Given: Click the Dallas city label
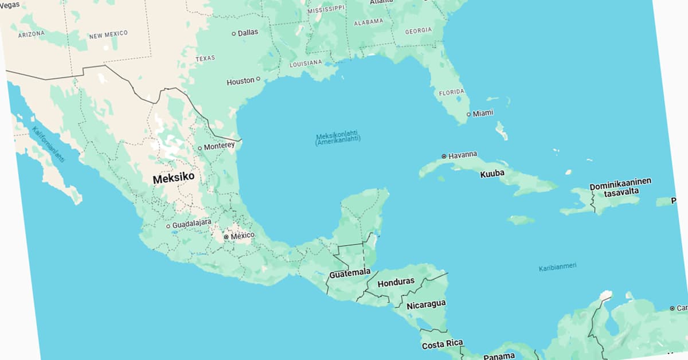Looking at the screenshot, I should [x=248, y=33].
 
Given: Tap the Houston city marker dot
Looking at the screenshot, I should [x=258, y=79].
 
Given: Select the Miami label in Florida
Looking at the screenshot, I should [x=483, y=113].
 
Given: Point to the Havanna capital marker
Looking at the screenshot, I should [x=444, y=156].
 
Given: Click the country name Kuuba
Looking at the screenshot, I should [x=492, y=173].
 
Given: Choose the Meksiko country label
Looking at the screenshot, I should [x=173, y=178].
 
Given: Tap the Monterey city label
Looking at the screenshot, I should [x=219, y=146].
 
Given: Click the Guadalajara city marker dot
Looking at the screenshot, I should [x=168, y=226].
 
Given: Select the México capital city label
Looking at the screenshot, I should [x=242, y=236].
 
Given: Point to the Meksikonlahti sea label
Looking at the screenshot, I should [x=338, y=138].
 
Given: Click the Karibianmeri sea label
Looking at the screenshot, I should [x=557, y=267].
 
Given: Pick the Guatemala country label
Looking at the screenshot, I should [x=350, y=273].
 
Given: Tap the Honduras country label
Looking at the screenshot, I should [x=396, y=282].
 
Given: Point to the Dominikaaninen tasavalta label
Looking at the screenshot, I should [x=620, y=186].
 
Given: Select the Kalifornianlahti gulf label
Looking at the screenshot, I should [x=48, y=144].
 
